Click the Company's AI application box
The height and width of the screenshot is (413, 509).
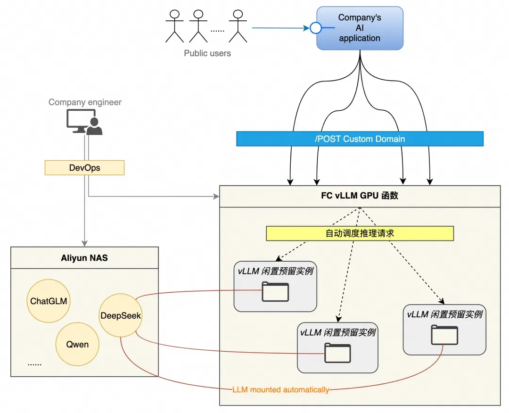360,28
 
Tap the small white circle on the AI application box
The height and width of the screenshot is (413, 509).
315,28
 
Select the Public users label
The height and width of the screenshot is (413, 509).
207,53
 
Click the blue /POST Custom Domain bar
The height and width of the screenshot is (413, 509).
360,139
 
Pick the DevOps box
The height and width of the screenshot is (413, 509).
84,168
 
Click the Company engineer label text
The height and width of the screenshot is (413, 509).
85,102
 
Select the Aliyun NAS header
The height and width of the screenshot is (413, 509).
84,257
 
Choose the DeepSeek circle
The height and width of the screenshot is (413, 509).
121,315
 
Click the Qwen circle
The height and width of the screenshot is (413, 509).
77,344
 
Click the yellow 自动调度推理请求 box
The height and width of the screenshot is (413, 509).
360,233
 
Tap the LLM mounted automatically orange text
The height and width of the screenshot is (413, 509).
281,390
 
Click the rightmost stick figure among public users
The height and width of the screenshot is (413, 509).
238,25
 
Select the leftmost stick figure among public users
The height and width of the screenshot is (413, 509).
174,25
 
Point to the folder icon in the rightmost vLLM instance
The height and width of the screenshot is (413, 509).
444,335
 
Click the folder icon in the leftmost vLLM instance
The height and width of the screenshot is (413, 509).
275,291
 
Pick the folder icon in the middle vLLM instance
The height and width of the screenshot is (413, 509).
337,353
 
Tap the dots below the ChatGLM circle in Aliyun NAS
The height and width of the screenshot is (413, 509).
34,363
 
